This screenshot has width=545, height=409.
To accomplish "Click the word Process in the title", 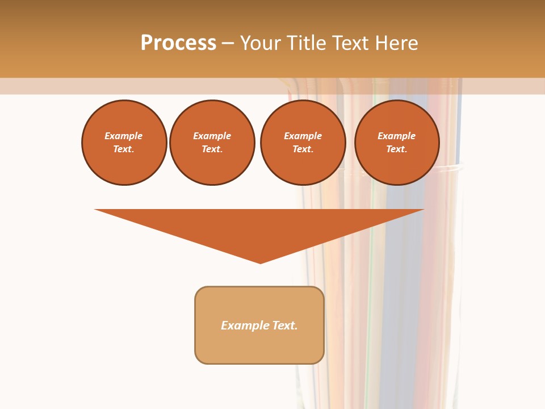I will click(x=178, y=43).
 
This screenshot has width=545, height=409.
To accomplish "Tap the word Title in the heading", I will click(x=309, y=43).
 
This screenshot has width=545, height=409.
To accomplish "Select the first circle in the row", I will click(x=124, y=143).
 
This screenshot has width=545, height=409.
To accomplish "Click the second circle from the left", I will click(x=212, y=143).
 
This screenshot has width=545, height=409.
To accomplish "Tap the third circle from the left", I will click(x=303, y=143).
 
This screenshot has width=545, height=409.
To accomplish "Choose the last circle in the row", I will click(x=397, y=143).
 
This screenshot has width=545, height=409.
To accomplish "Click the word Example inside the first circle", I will click(x=124, y=136).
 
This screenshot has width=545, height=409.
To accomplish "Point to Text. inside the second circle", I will click(x=212, y=149).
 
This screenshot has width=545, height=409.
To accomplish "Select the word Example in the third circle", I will click(x=303, y=136).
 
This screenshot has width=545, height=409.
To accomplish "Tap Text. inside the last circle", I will click(x=397, y=149).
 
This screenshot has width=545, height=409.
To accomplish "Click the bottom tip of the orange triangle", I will click(x=261, y=262).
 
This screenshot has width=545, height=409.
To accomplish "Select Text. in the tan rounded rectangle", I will click(x=285, y=325).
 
